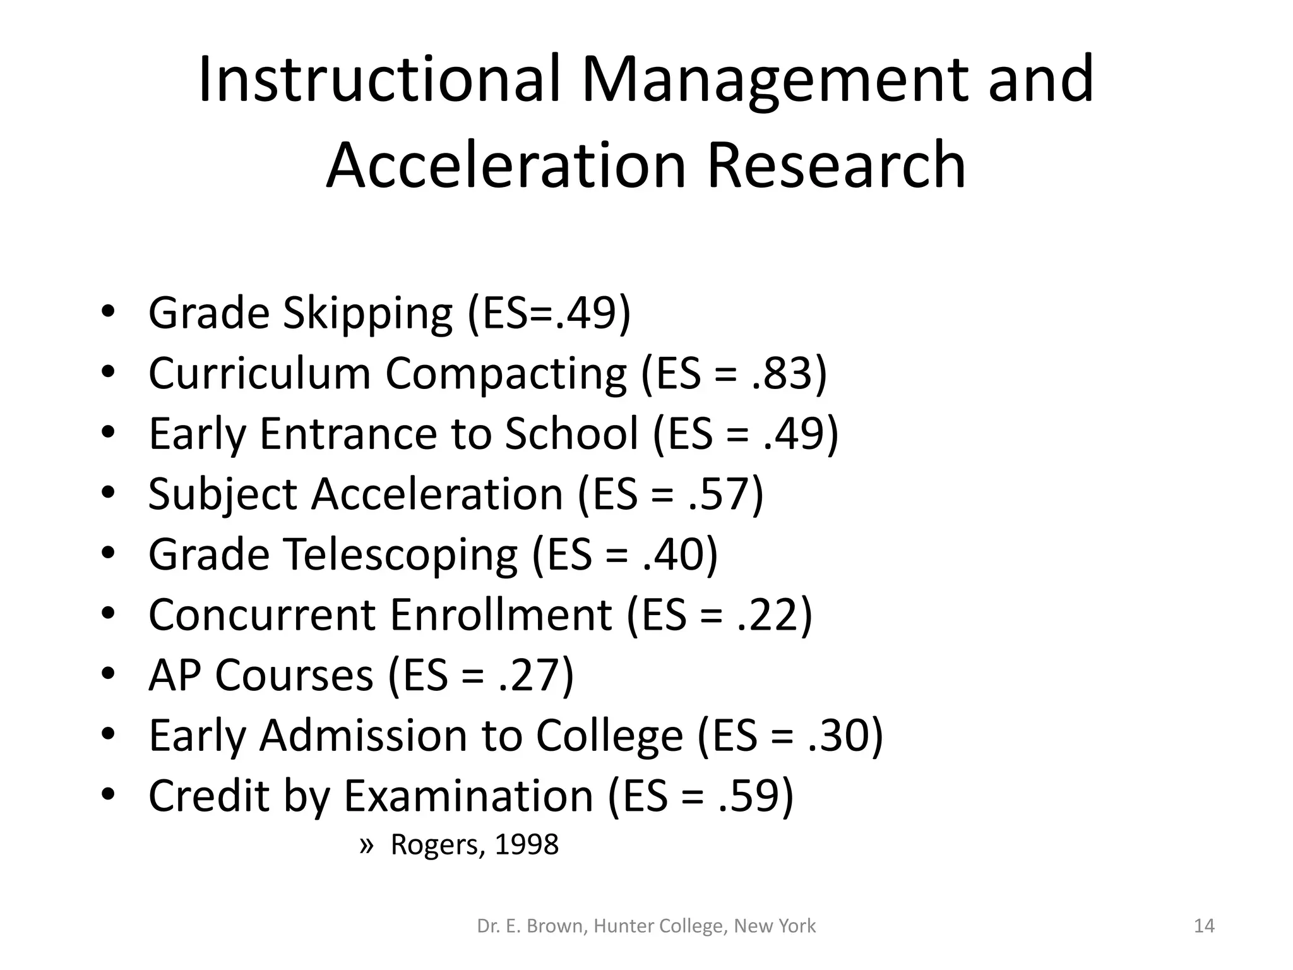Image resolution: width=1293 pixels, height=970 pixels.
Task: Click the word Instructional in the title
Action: pyautogui.click(x=379, y=80)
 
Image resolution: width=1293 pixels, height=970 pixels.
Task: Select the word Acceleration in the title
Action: pyautogui.click(x=506, y=165)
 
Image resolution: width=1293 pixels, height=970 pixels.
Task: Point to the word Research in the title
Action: pyautogui.click(x=837, y=165)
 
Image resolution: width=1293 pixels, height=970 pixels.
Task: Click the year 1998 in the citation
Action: pyautogui.click(x=527, y=845)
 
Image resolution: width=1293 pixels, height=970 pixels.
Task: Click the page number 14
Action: pyautogui.click(x=1204, y=926)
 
